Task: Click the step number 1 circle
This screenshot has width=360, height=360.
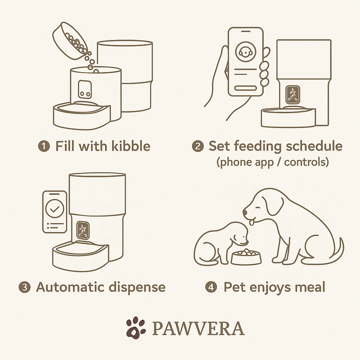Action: (44, 146)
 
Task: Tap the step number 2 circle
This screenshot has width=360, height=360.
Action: (198, 146)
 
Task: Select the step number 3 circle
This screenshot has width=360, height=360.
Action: (24, 287)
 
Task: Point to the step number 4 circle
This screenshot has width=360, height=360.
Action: (211, 287)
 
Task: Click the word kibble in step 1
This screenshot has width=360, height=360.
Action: (131, 146)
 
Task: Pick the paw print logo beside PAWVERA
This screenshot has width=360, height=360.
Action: (136, 328)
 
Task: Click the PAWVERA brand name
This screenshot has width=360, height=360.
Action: (198, 328)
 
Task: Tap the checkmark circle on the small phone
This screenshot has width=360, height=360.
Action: (54, 208)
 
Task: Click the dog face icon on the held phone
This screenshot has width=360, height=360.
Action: (245, 52)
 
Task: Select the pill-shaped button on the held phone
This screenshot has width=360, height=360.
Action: (245, 88)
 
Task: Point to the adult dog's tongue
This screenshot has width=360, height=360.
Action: (252, 222)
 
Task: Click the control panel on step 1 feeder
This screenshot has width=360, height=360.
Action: (84, 89)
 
